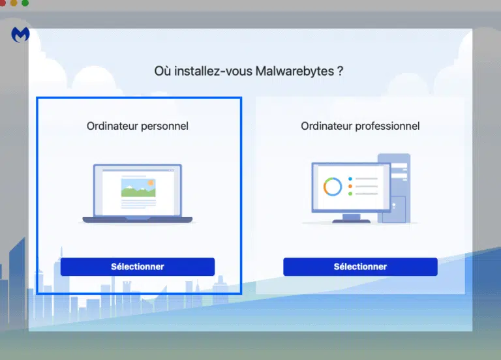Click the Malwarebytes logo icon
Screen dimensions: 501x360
click(x=20, y=35)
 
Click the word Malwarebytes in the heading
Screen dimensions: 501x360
click(x=295, y=71)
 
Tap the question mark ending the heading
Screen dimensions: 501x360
click(x=341, y=70)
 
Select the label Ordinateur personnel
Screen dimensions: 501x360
click(x=138, y=126)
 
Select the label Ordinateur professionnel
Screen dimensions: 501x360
click(x=360, y=126)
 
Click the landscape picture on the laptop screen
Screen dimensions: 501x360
click(x=138, y=188)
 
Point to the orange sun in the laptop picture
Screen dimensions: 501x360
click(x=151, y=183)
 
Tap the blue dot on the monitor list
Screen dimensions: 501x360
click(x=350, y=179)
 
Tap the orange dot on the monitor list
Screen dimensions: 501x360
click(x=350, y=187)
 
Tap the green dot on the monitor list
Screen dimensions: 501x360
click(x=350, y=194)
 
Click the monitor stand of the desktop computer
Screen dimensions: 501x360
click(x=352, y=218)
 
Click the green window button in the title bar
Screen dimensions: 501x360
click(x=25, y=3)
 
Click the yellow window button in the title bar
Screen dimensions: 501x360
click(x=14, y=3)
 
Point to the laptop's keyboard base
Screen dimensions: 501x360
click(x=138, y=220)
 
